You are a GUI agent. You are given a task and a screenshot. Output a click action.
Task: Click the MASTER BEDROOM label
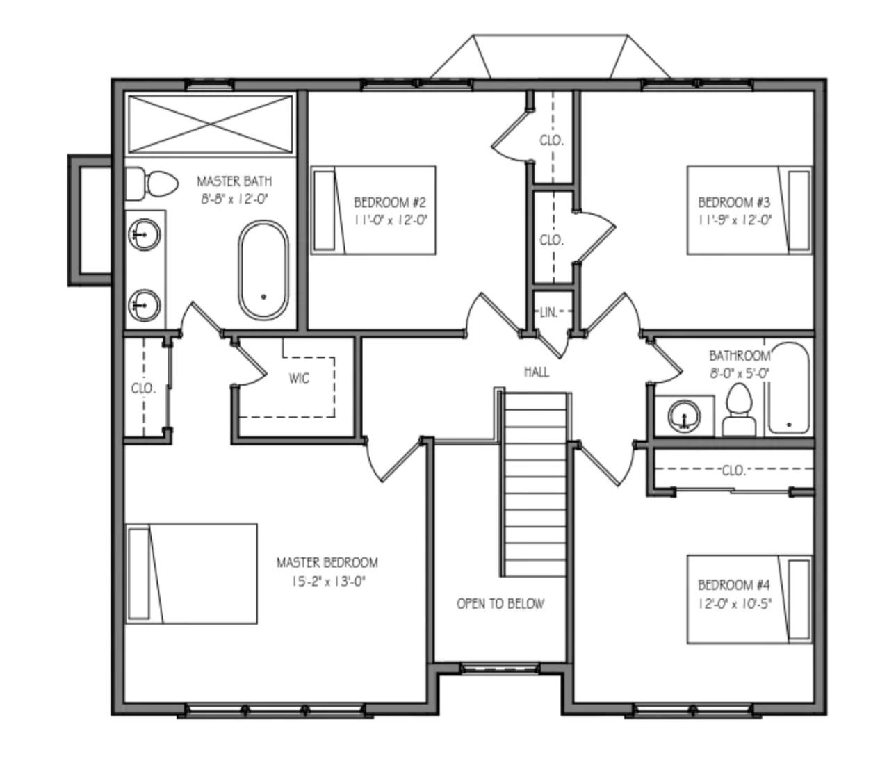pos(327,562)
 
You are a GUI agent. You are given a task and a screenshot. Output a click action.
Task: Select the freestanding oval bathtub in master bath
pos(263,270)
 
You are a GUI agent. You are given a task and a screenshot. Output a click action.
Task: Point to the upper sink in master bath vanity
pos(144,234)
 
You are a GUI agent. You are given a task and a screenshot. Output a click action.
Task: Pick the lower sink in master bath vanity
pos(144,304)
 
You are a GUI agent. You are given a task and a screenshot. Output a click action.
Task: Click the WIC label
pos(299,379)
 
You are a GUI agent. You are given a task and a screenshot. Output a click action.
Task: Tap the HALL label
pos(536,372)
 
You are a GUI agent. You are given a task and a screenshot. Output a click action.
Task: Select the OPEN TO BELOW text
pos(500,604)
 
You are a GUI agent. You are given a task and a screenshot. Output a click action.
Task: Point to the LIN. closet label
pos(548,313)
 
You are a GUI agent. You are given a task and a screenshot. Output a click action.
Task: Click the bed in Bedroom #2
pos(373,211)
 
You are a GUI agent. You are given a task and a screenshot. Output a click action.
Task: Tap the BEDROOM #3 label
pos(734,202)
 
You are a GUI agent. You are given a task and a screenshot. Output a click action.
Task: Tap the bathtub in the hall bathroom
pos(788,389)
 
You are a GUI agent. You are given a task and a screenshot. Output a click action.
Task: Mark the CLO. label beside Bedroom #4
pos(733,470)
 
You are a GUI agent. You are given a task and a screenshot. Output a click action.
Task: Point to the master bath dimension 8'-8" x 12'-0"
pos(234,199)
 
